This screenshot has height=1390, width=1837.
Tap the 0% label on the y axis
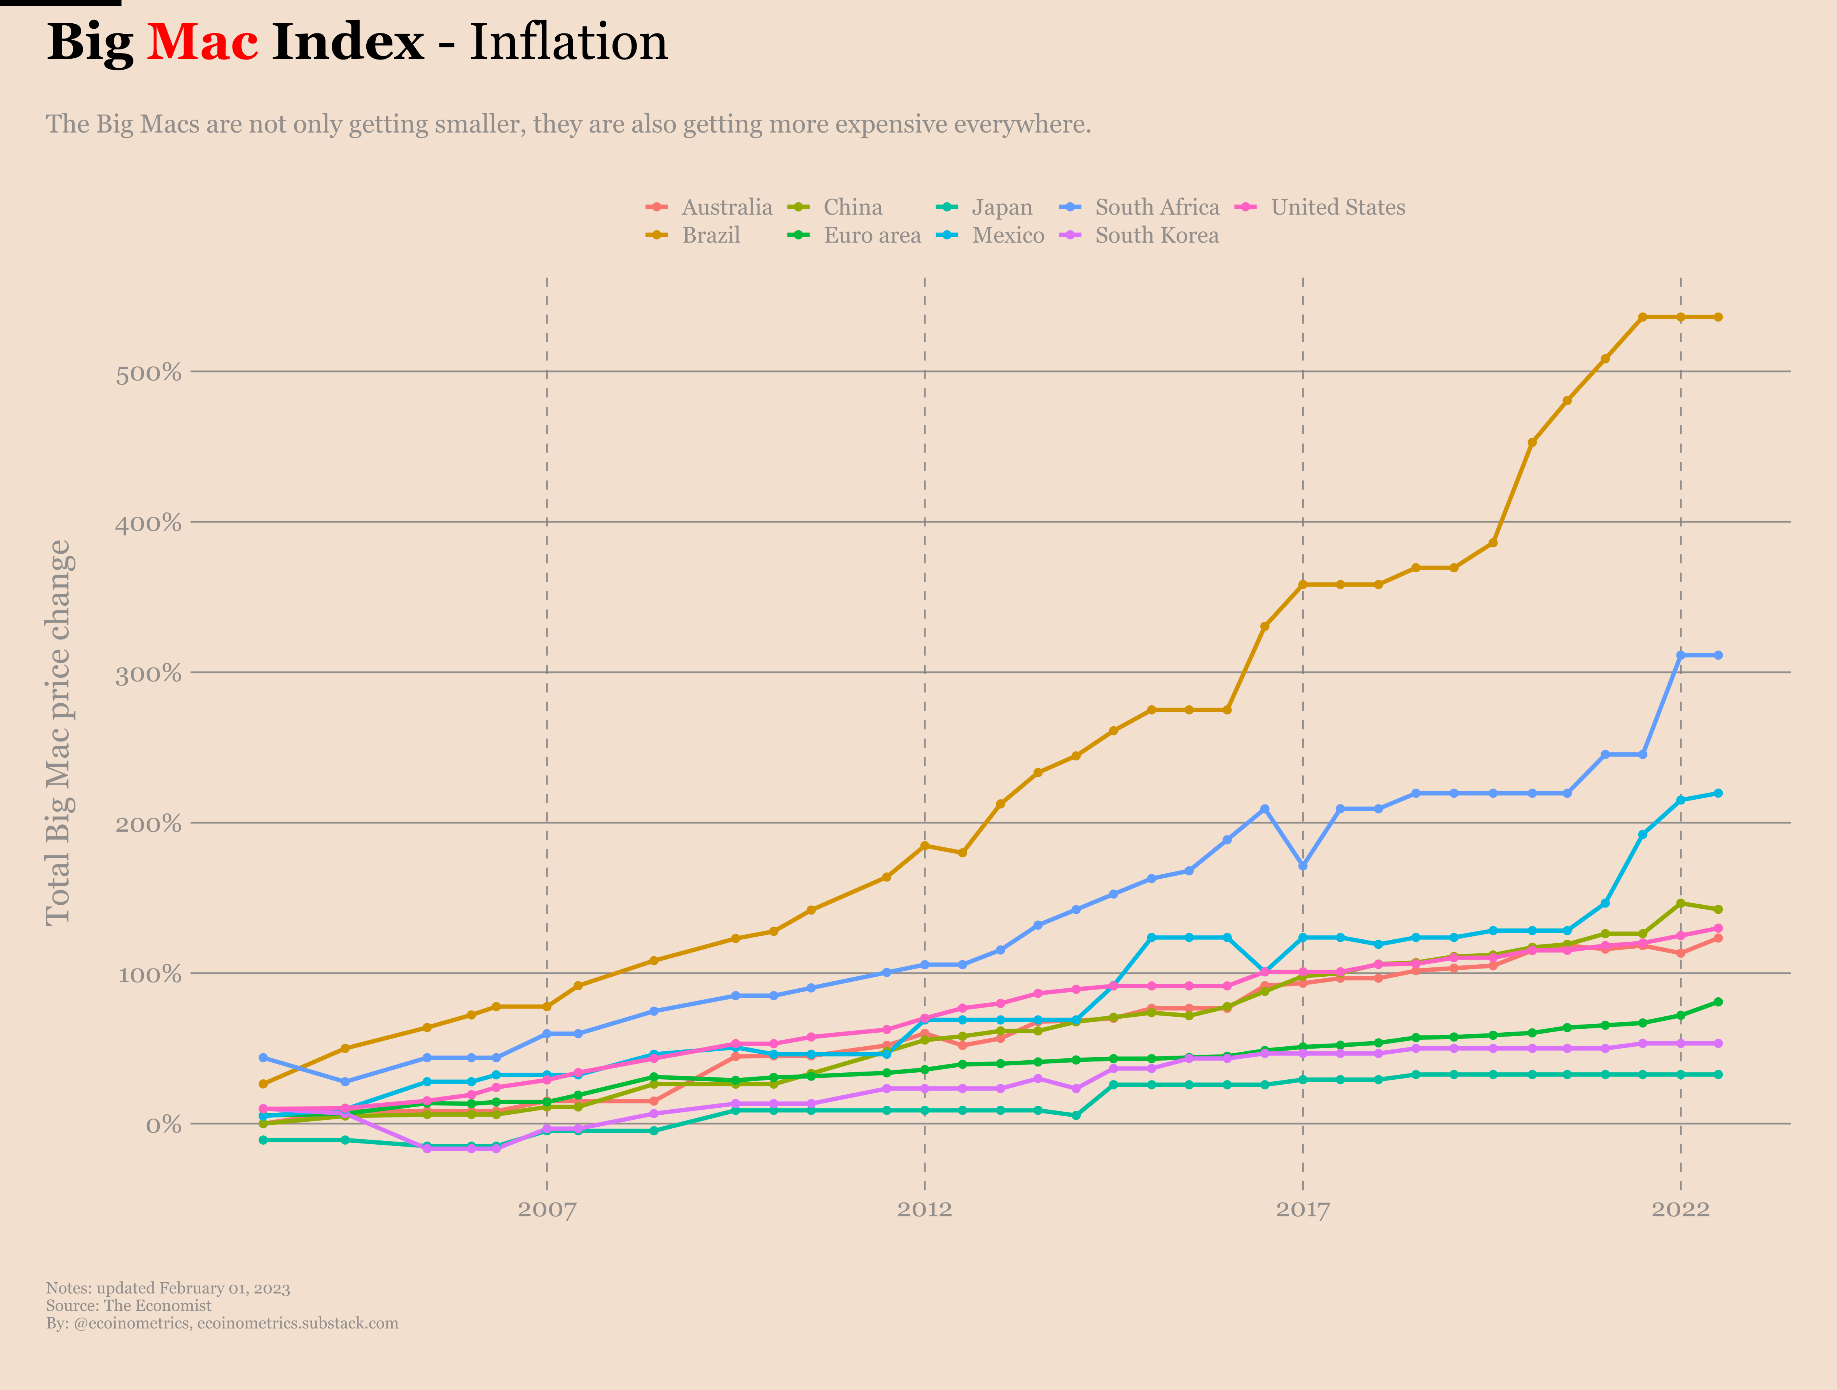coord(164,1125)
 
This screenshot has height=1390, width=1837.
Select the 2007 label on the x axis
coord(546,1209)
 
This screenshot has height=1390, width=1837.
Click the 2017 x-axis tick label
coord(1302,1209)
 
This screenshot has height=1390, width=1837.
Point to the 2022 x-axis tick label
coord(1680,1209)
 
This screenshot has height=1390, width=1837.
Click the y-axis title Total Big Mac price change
coord(58,733)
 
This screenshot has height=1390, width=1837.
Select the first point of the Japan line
coord(263,1140)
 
